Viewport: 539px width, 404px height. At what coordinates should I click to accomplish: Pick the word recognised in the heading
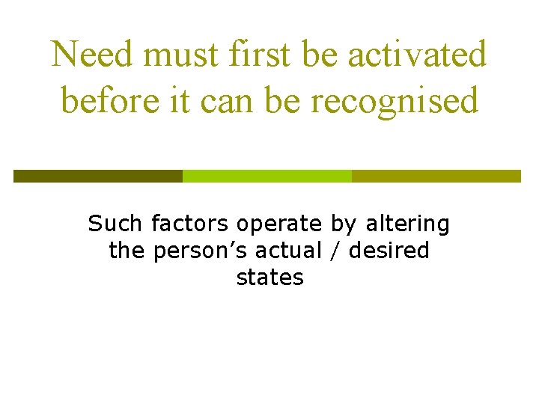coord(395,101)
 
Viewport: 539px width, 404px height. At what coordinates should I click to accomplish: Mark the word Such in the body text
coord(116,223)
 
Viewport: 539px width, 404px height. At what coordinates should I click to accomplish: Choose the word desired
coord(389,250)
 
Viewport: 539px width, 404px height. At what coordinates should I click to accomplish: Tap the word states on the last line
coord(269,278)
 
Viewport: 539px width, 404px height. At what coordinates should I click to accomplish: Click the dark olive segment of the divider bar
coord(97,176)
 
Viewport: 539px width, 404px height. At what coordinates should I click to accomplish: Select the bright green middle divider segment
coord(267,176)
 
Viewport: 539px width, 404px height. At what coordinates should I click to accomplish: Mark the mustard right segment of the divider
coord(436,176)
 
